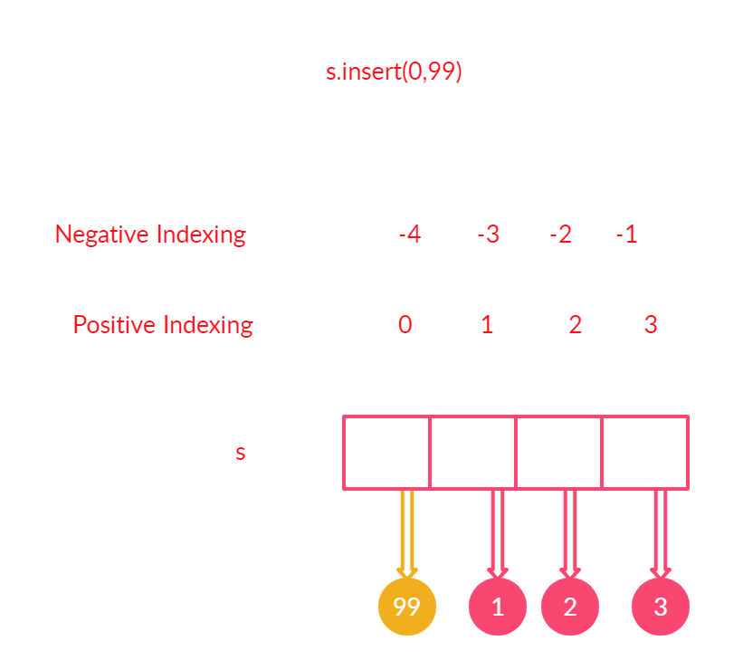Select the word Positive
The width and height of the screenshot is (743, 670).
pyautogui.click(x=113, y=325)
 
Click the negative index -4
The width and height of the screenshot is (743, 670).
pyautogui.click(x=410, y=234)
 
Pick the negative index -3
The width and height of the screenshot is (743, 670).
pyautogui.click(x=488, y=234)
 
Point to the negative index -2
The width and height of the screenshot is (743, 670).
pyautogui.click(x=560, y=234)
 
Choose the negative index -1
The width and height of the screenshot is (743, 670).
pyautogui.click(x=626, y=234)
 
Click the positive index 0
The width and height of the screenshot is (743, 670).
pyautogui.click(x=405, y=325)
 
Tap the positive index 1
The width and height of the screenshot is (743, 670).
pyautogui.click(x=487, y=325)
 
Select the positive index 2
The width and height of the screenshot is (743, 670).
pyautogui.click(x=575, y=325)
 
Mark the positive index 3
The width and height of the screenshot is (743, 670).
pyautogui.click(x=651, y=325)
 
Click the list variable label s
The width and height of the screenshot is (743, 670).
pyautogui.click(x=240, y=453)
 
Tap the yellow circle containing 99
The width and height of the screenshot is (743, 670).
pyautogui.click(x=407, y=607)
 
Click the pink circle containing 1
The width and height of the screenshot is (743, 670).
pyautogui.click(x=497, y=607)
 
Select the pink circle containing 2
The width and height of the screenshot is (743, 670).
pyautogui.click(x=569, y=607)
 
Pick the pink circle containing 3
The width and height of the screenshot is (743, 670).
pyautogui.click(x=661, y=607)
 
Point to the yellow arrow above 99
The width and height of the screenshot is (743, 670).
pyautogui.click(x=407, y=533)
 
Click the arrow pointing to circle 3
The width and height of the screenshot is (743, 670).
pyautogui.click(x=661, y=533)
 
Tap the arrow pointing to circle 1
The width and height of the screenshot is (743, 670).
pyautogui.click(x=497, y=533)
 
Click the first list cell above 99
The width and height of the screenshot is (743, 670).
pyautogui.click(x=386, y=453)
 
